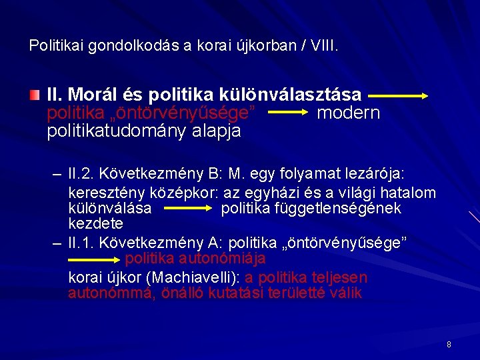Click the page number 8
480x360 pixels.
coord(449,345)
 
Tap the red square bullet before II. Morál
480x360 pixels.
coord(36,97)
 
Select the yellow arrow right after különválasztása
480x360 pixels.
coord(397,96)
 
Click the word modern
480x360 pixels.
coord(348,113)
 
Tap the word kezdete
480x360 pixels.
coord(95,223)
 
